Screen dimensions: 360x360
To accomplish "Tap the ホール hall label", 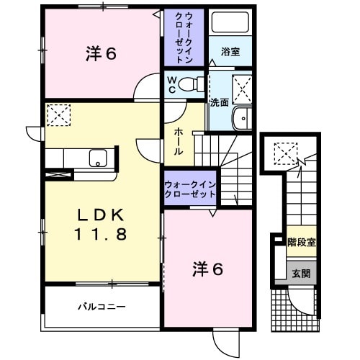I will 177,141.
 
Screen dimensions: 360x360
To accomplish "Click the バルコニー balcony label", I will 102,307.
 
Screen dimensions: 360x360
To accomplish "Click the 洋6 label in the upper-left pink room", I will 101,53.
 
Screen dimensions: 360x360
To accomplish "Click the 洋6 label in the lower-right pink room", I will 207,269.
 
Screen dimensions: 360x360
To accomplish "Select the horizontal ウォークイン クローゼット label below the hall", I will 190,189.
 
